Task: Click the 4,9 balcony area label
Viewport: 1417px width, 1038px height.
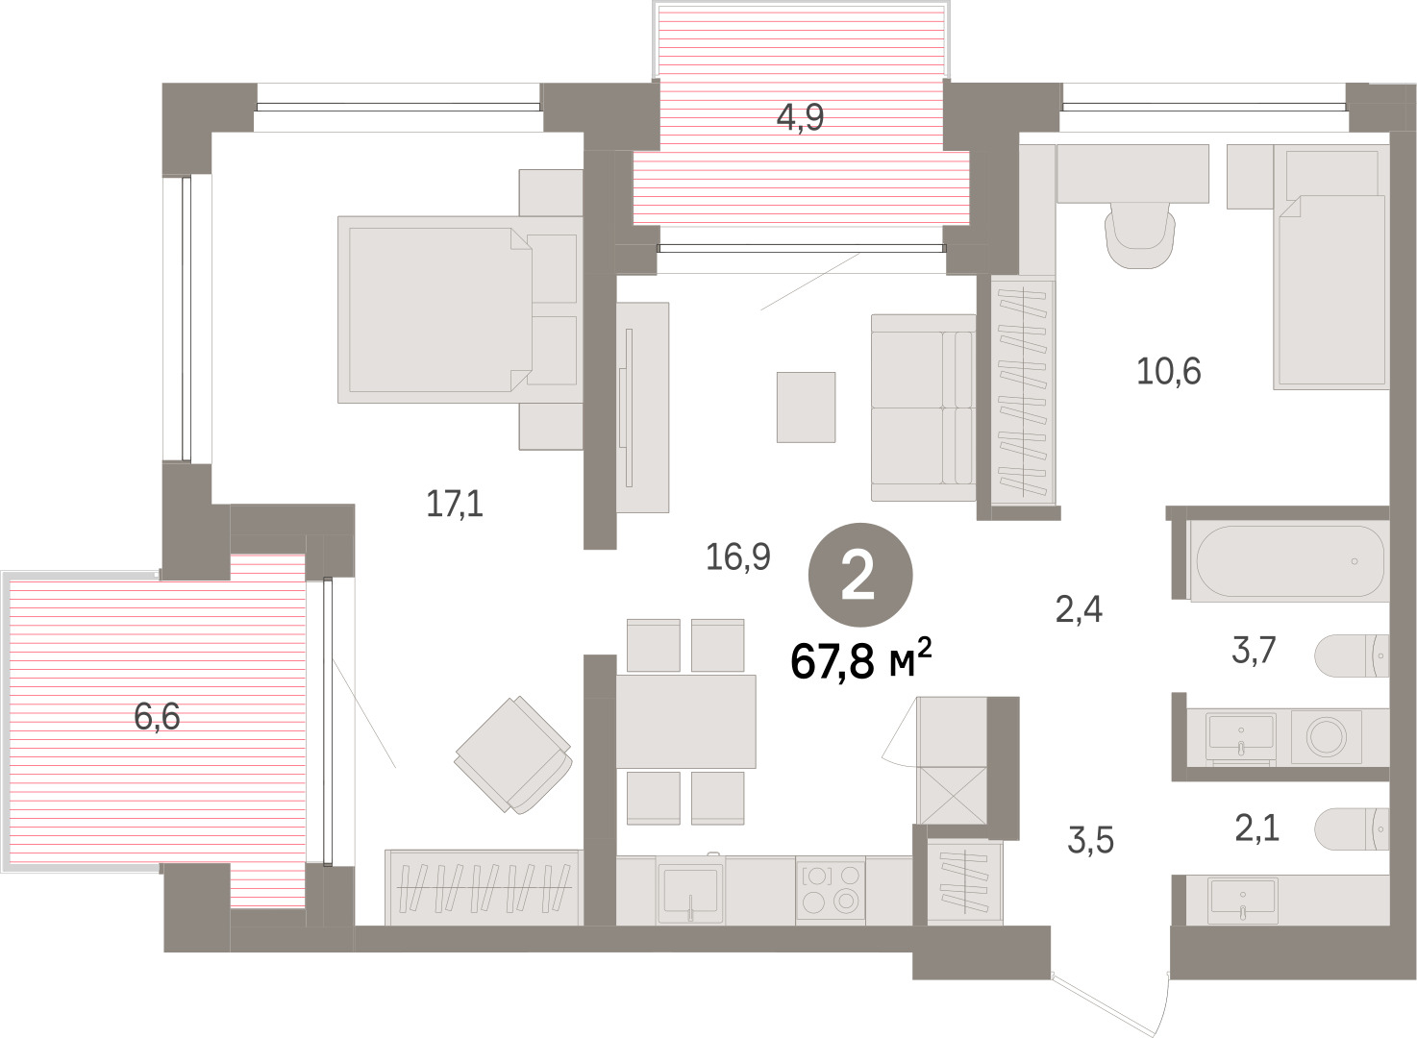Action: (x=800, y=117)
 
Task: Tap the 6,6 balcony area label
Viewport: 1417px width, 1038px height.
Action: (x=157, y=717)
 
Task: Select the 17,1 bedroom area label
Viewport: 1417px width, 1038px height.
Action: (x=455, y=505)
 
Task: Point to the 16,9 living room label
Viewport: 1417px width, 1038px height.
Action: (x=737, y=556)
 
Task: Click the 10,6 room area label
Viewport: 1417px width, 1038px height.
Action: (x=1168, y=371)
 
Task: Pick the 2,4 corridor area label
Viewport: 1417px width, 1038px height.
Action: (x=1079, y=609)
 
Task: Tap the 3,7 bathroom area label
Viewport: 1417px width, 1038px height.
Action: (x=1254, y=651)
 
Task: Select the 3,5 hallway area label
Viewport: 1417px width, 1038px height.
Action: (x=1090, y=840)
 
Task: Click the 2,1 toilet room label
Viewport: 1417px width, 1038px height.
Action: (x=1257, y=828)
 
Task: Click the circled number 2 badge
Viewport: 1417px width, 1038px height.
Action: (x=860, y=575)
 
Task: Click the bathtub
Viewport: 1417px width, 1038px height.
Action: (x=1288, y=561)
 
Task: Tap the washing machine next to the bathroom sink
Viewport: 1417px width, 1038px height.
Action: (x=1327, y=737)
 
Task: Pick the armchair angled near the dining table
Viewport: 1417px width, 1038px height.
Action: (x=513, y=754)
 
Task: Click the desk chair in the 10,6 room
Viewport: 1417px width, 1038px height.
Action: (x=1140, y=235)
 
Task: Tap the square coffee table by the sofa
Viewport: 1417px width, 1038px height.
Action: (x=806, y=408)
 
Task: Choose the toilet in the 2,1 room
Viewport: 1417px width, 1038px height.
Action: (x=1352, y=829)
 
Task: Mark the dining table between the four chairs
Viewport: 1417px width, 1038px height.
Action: (x=685, y=722)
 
